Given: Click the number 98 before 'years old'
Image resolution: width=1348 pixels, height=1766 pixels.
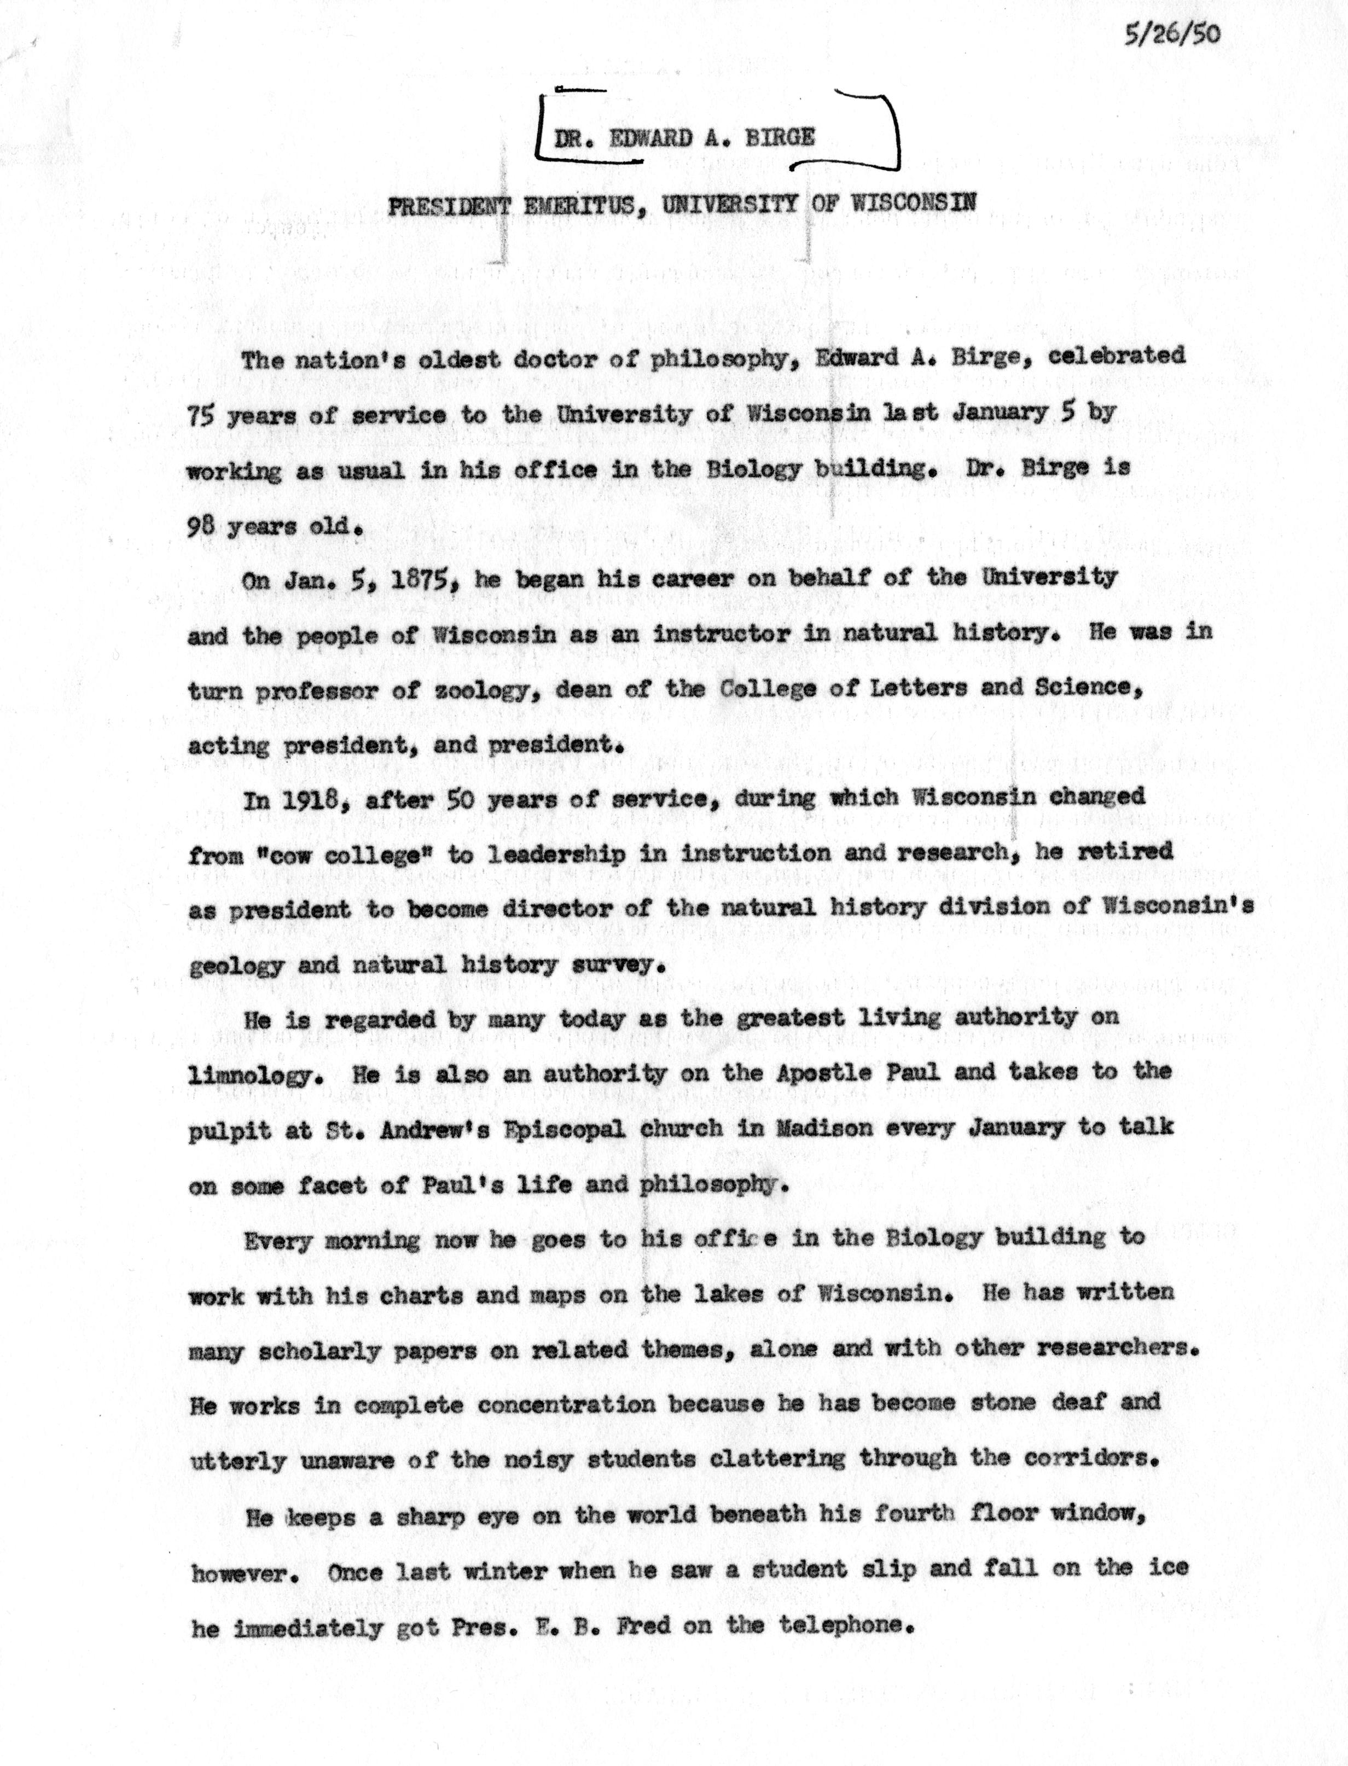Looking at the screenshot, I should (x=201, y=528).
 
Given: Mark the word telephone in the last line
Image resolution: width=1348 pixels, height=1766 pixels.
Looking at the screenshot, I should (x=844, y=1624).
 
